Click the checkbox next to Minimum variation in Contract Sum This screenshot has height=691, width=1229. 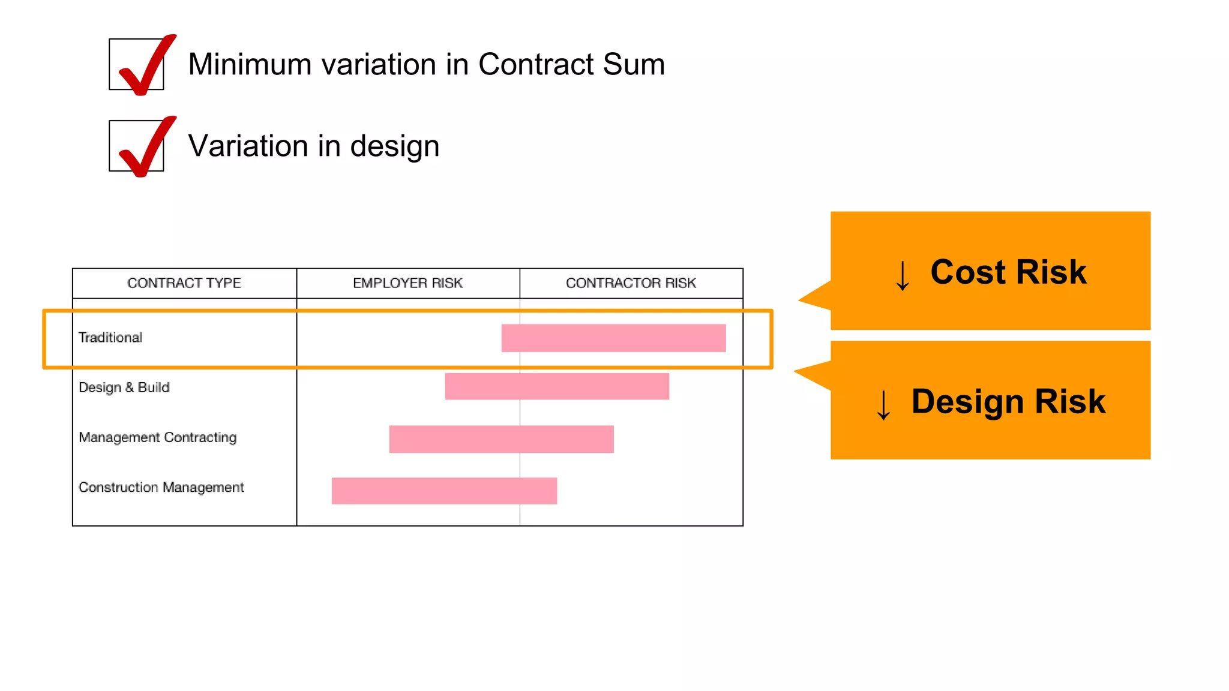[137, 65]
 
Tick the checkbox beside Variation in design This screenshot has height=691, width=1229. [137, 146]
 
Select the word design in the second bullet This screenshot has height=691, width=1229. [394, 146]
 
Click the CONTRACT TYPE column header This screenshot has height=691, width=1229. [184, 283]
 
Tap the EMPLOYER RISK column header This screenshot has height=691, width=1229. [407, 283]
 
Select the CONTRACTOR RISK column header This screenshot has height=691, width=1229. [631, 283]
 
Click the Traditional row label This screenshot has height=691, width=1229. [110, 338]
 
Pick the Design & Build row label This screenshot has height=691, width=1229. [124, 387]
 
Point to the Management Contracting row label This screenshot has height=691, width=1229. [158, 437]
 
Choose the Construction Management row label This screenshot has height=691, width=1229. [161, 487]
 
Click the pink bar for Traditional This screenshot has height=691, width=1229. [613, 338]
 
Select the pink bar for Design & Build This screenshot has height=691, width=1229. [557, 386]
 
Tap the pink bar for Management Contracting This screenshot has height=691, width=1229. [501, 439]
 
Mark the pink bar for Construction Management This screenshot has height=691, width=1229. [444, 491]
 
